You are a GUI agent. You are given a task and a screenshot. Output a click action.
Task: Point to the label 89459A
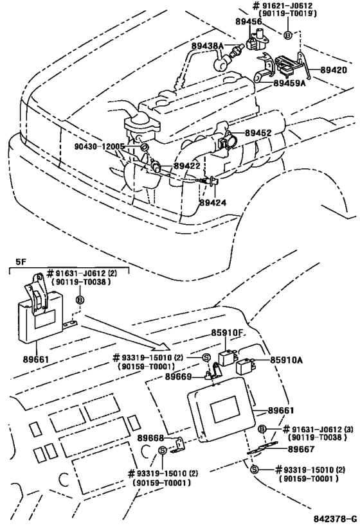click(x=290, y=83)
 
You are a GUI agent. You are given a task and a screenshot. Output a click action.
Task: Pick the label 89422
click(x=189, y=165)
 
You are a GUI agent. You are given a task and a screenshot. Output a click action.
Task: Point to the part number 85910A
click(x=286, y=360)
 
